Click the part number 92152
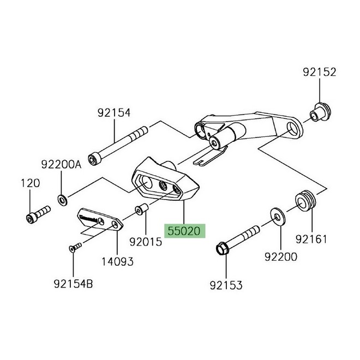(320, 72)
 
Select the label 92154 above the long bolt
(115, 113)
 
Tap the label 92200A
(61, 164)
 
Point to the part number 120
(31, 183)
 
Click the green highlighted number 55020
(187, 231)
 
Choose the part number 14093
(115, 261)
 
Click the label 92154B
(74, 283)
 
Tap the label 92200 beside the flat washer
(281, 255)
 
